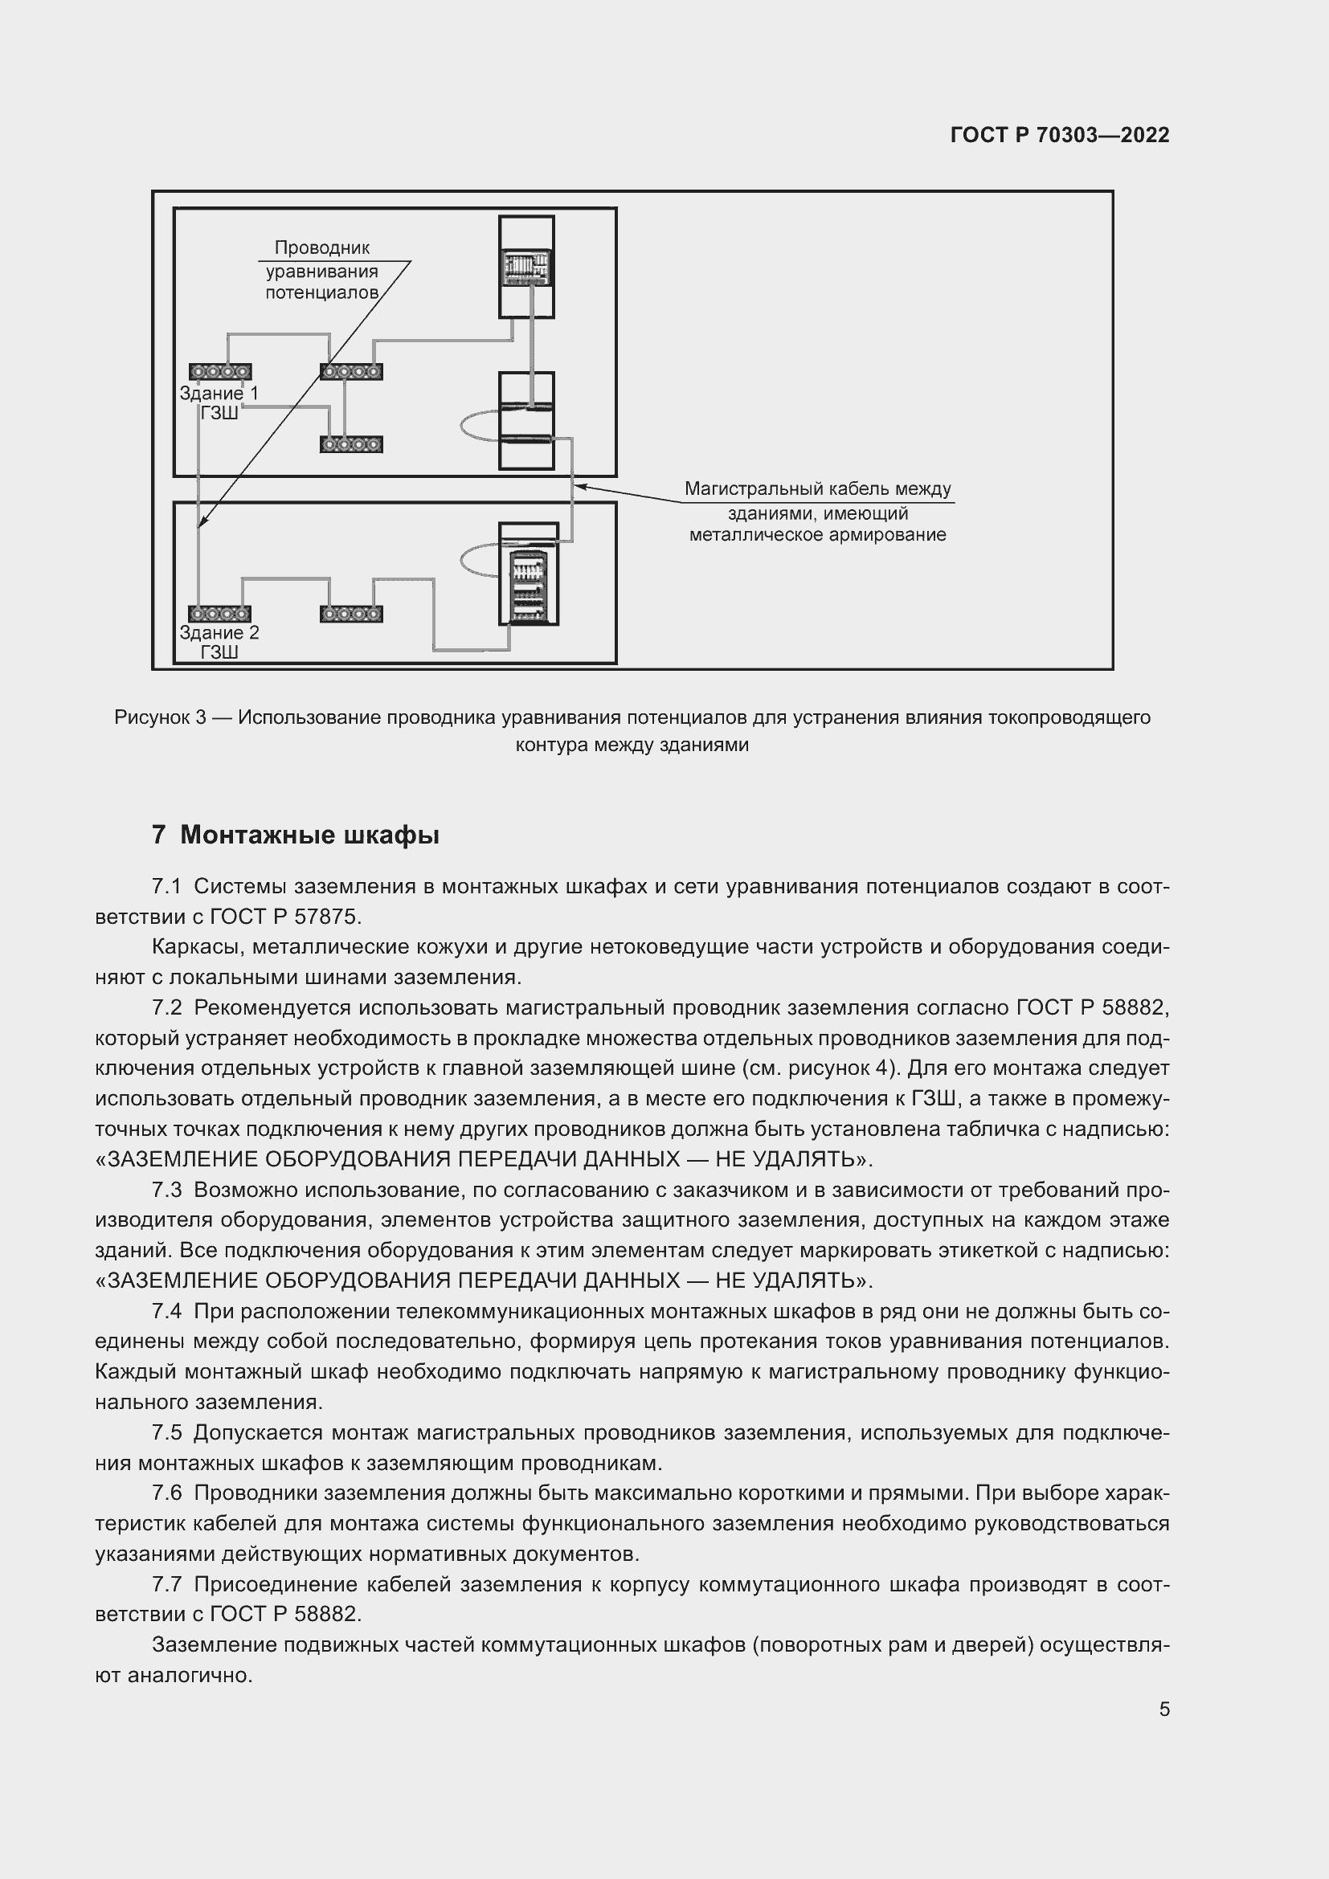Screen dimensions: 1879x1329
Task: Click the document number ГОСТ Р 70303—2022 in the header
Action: tap(1059, 136)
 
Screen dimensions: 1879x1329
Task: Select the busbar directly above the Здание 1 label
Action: tap(219, 373)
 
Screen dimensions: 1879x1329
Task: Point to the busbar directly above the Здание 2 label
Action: tap(219, 614)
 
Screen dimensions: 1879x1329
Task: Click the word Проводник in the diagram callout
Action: tap(321, 248)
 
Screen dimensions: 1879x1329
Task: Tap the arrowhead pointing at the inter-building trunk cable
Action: tap(579, 487)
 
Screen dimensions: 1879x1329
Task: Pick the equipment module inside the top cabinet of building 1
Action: tap(527, 268)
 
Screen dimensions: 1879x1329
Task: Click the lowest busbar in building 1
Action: tap(351, 445)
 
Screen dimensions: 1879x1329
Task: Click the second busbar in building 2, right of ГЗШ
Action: tap(351, 614)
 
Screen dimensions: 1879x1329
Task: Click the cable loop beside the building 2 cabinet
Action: tap(479, 562)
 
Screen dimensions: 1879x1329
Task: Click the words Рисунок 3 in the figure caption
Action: tap(160, 717)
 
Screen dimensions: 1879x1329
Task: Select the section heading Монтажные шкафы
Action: tap(309, 835)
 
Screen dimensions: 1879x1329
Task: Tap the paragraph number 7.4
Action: tap(167, 1312)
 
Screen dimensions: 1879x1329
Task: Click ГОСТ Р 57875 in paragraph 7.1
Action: tap(284, 917)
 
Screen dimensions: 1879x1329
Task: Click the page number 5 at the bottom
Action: tap(1163, 1709)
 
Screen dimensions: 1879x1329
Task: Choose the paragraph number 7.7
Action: tap(167, 1585)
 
